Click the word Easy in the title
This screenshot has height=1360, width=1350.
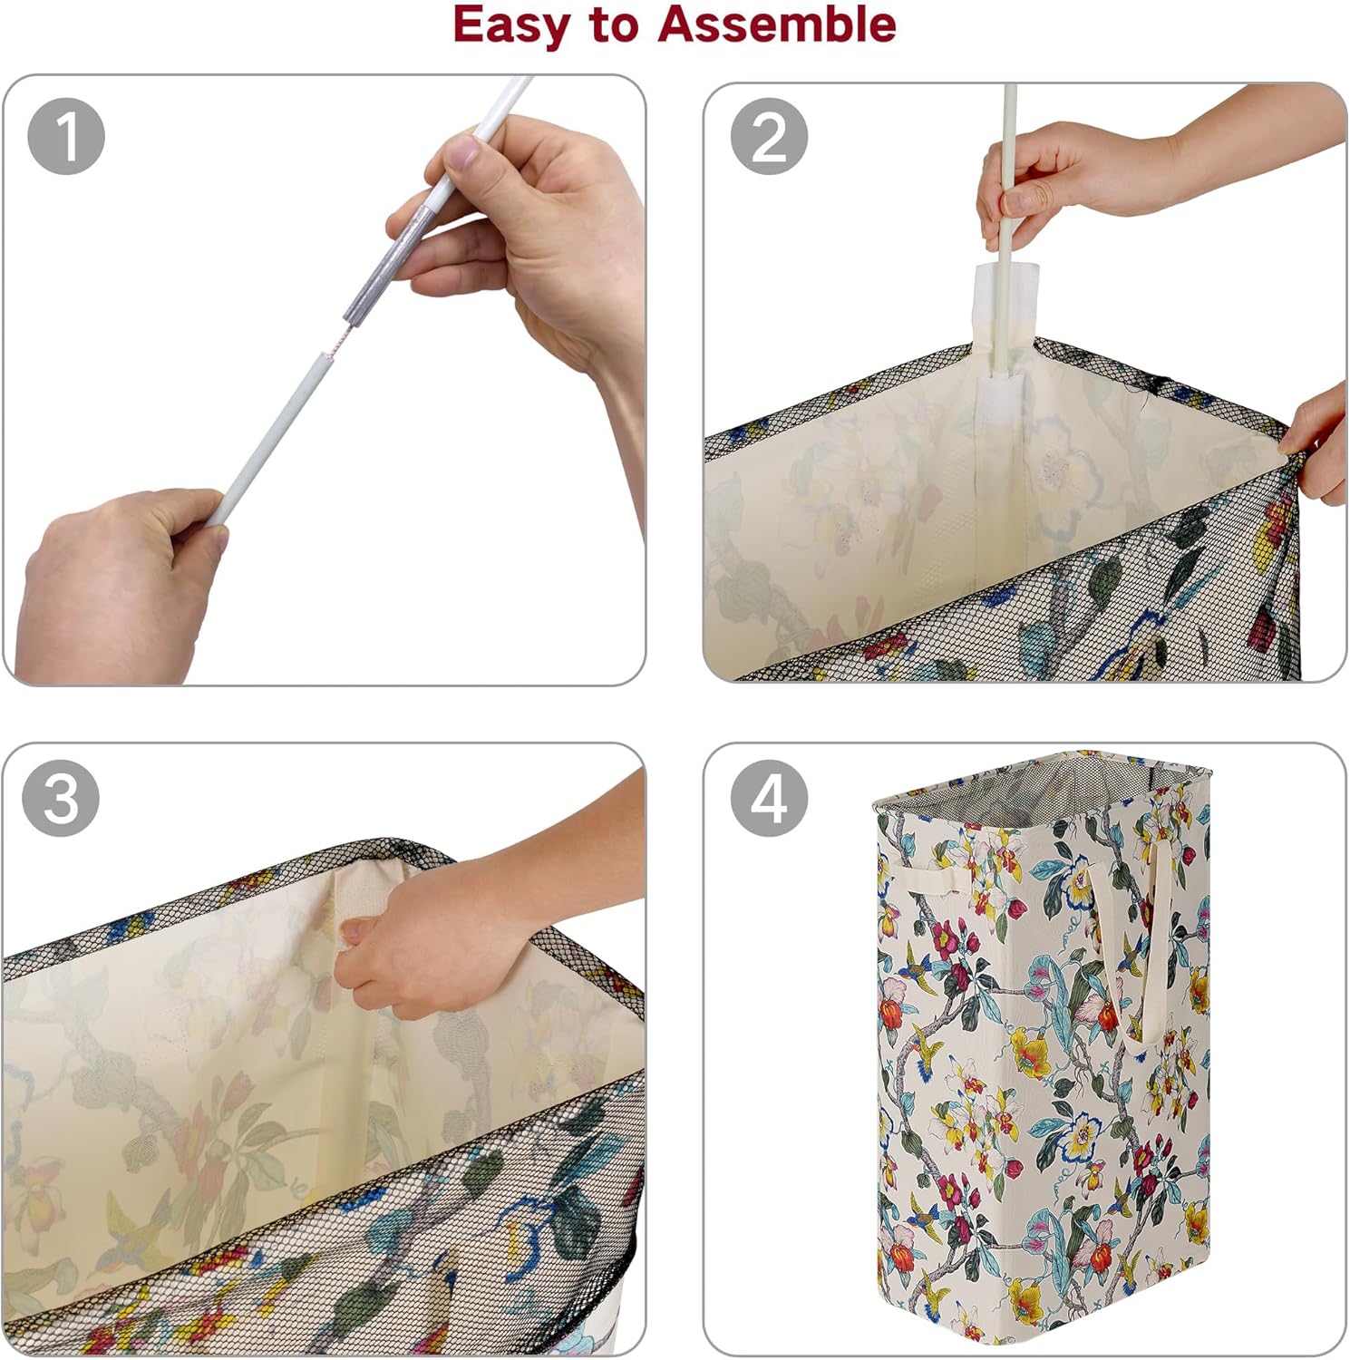click(512, 26)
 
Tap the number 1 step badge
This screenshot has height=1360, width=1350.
click(66, 136)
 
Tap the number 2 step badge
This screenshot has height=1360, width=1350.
click(769, 136)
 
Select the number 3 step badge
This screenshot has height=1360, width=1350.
click(61, 797)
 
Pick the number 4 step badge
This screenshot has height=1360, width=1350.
click(769, 797)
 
